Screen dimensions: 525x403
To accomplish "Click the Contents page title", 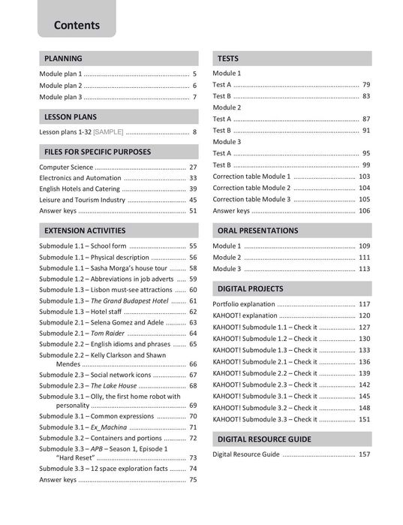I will pyautogui.click(x=77, y=25).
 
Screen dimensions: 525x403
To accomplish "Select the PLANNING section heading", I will pyautogui.click(x=63, y=59).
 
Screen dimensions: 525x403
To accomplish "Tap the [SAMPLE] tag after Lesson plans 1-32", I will pyautogui.click(x=108, y=131).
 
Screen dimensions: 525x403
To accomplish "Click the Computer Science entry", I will pyautogui.click(x=66, y=167).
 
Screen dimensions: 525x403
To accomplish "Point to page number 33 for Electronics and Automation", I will pyautogui.click(x=193, y=178).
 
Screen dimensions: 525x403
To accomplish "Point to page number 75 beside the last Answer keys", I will pyautogui.click(x=193, y=479).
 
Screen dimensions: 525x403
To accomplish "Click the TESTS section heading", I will pyautogui.click(x=228, y=59).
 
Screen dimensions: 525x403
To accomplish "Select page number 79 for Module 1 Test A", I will pyautogui.click(x=366, y=85).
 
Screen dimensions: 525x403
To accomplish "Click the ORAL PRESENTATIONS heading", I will pyautogui.click(x=257, y=231).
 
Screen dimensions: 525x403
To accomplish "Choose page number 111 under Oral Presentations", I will pyautogui.click(x=365, y=257).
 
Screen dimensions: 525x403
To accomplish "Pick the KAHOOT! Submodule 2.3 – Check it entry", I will pyautogui.click(x=265, y=385).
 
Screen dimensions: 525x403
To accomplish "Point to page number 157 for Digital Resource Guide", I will pyautogui.click(x=365, y=454).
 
